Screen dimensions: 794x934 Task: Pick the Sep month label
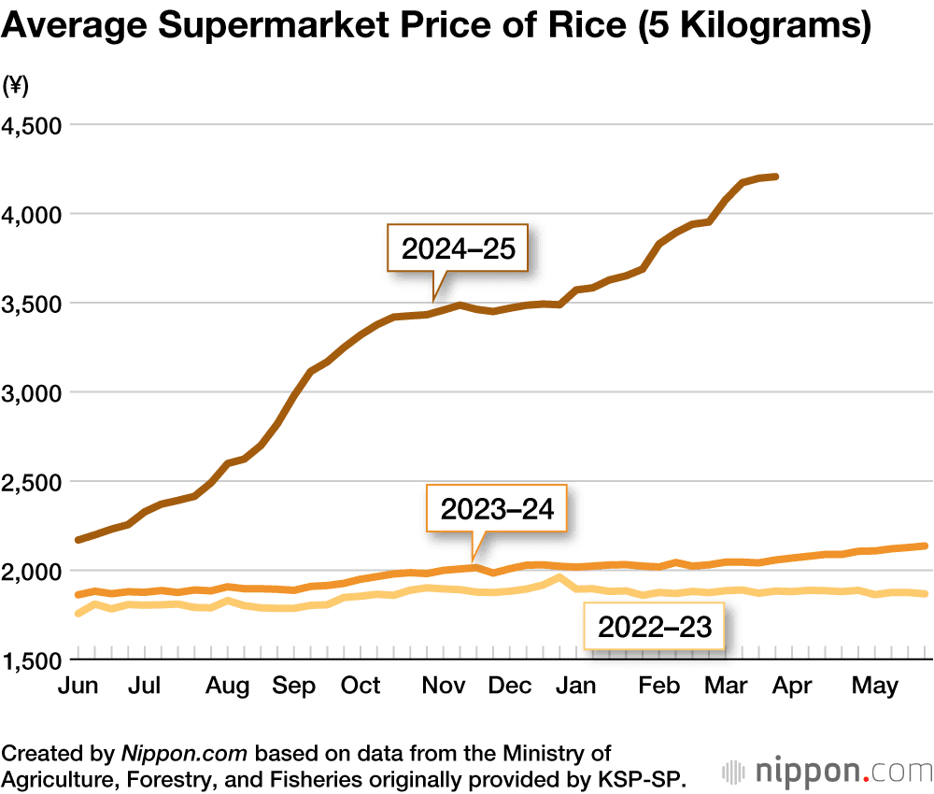[293, 686]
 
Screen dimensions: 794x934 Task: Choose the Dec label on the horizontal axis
[510, 686]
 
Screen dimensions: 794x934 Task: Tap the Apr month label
[793, 686]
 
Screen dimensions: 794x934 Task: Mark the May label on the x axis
[875, 686]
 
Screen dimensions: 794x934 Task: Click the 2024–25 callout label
[459, 248]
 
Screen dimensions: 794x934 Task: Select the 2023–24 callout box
[497, 509]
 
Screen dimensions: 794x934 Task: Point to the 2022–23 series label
[655, 627]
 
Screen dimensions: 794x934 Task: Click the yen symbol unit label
[16, 87]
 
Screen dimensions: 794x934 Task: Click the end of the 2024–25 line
[777, 176]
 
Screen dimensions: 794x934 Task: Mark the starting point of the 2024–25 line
[78, 540]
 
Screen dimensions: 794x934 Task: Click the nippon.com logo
[828, 772]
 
